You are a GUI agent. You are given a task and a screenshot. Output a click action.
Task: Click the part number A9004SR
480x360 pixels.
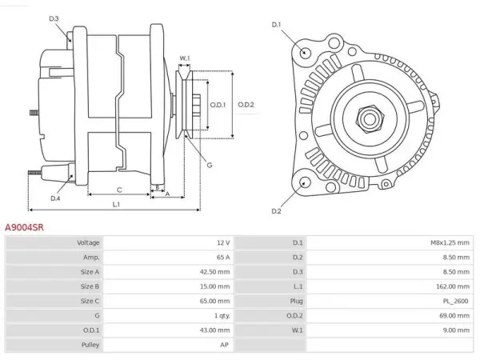[x=24, y=227]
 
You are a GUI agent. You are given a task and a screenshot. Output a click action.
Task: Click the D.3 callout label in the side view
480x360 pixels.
[x=54, y=18]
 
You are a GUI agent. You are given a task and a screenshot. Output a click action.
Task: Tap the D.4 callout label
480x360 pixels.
[x=55, y=198]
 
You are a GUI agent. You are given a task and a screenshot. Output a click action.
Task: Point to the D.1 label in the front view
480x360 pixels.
[x=276, y=25]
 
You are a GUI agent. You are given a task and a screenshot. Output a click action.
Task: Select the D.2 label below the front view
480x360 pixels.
[x=276, y=211]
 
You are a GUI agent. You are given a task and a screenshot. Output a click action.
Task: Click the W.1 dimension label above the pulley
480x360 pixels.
[x=185, y=58]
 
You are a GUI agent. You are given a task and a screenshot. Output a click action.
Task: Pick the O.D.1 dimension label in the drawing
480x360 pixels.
[x=218, y=105]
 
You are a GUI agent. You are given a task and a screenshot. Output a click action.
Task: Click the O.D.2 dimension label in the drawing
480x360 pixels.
[x=246, y=105]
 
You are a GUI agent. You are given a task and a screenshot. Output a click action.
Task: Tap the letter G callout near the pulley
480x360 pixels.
[x=210, y=165]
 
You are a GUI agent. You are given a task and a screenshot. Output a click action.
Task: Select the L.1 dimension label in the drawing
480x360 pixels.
[x=116, y=204]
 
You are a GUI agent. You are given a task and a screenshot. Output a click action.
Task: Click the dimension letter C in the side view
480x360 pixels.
[x=119, y=190]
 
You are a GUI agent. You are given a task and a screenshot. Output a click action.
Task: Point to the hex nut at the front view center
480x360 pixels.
[x=370, y=119]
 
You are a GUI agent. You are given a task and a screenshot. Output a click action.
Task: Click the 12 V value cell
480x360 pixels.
[x=223, y=242]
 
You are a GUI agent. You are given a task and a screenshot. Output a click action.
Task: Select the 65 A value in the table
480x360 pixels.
[x=223, y=257]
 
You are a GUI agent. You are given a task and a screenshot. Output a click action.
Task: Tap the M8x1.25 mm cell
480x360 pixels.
[x=450, y=242]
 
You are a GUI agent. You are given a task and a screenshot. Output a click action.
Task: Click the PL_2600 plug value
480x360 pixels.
[x=455, y=301]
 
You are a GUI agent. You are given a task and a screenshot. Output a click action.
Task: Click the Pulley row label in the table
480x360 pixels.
[x=90, y=345]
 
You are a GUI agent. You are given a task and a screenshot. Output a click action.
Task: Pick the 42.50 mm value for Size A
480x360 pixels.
[x=214, y=272]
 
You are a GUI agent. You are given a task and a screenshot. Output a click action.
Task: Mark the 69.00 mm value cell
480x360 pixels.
[x=454, y=316]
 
